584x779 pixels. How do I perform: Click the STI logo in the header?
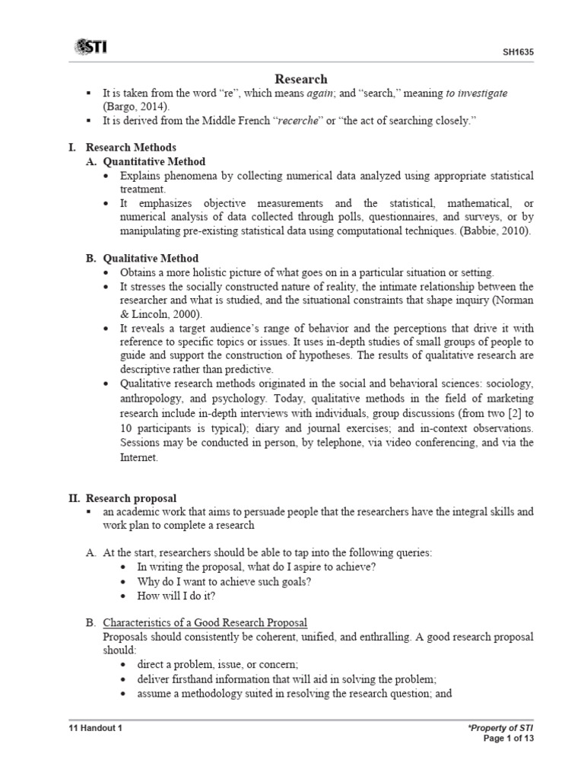coord(90,47)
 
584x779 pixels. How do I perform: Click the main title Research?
coord(300,78)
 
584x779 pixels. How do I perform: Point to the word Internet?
coord(139,457)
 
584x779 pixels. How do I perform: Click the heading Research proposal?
coord(131,498)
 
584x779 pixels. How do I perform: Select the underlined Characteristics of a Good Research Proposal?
coord(205,622)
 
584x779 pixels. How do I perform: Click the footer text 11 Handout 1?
coord(96,727)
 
